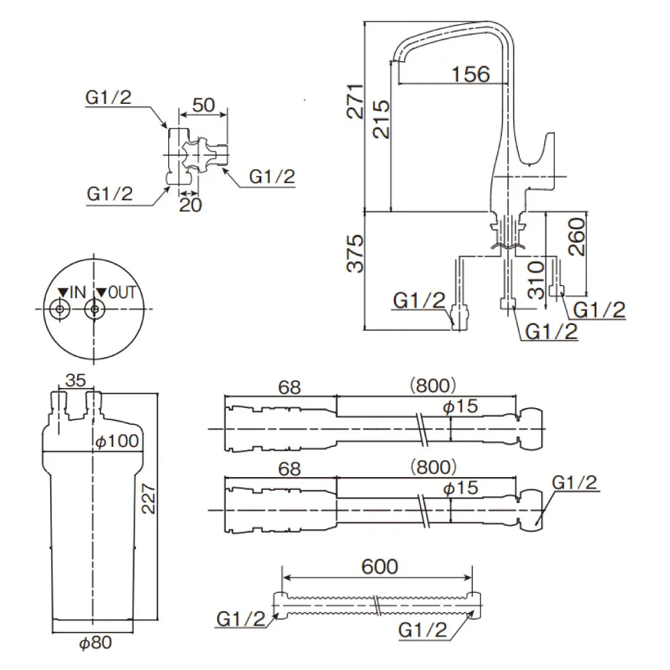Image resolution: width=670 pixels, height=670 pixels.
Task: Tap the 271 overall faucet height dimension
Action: click(x=354, y=101)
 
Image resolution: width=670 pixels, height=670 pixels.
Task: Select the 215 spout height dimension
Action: click(x=380, y=120)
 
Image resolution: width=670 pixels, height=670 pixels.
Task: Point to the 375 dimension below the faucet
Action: click(x=354, y=253)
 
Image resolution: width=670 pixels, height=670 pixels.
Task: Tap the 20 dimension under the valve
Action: click(x=191, y=205)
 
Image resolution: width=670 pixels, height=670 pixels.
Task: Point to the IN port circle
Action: click(x=60, y=310)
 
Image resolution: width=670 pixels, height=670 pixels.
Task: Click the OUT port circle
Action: click(x=96, y=310)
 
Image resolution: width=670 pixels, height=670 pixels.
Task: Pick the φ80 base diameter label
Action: click(x=94, y=643)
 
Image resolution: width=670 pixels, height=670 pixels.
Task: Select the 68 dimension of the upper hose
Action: click(x=289, y=387)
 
